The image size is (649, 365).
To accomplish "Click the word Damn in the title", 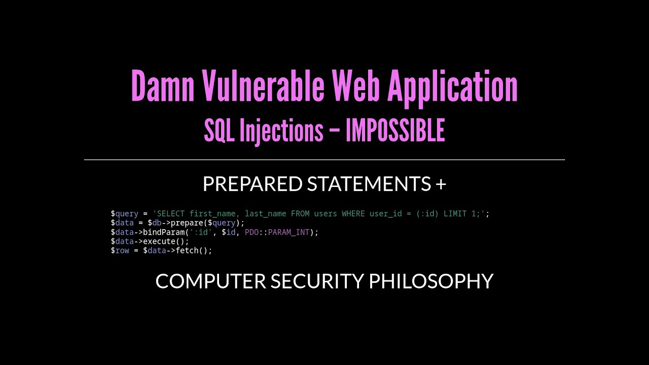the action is click(163, 86).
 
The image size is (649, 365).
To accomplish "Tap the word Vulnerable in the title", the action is click(263, 86).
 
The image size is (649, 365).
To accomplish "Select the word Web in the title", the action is click(356, 86).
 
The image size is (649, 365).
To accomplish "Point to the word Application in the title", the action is click(453, 89).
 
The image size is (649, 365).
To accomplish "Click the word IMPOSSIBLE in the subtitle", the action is click(395, 130).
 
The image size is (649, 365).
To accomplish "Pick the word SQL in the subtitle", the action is click(220, 130).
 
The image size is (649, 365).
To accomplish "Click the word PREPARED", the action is click(253, 184).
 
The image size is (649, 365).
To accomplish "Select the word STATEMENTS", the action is click(369, 184).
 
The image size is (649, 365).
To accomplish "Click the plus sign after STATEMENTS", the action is click(441, 184).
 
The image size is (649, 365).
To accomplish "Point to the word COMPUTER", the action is click(210, 281).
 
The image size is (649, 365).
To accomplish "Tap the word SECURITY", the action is click(317, 281).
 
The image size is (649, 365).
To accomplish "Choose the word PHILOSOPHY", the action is click(431, 281).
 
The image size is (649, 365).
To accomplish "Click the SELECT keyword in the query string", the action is click(171, 214).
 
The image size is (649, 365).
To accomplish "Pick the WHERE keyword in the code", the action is click(353, 214).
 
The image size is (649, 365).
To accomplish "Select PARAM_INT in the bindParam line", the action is click(289, 232).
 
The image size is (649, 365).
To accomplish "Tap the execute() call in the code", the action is click(166, 242).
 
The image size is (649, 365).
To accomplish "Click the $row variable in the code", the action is click(120, 250).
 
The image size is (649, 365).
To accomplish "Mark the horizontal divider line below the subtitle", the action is click(324, 160).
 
